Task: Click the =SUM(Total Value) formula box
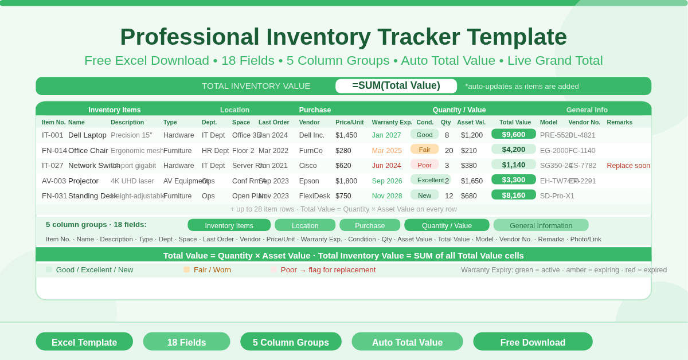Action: click(x=396, y=86)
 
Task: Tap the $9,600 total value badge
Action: click(x=513, y=134)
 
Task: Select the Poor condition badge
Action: click(x=424, y=165)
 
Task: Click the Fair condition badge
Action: click(x=424, y=150)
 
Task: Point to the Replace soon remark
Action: click(x=628, y=166)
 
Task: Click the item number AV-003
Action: click(x=54, y=181)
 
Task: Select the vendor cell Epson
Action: click(x=309, y=181)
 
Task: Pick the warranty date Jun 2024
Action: click(x=386, y=166)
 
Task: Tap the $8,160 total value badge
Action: click(x=513, y=195)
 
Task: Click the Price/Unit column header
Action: click(x=349, y=122)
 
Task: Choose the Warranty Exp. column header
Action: click(x=392, y=122)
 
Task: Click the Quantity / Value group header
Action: click(x=459, y=110)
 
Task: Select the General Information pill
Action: click(x=541, y=225)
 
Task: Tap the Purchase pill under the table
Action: click(x=370, y=225)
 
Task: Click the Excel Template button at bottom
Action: click(x=84, y=342)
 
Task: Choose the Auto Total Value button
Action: click(x=407, y=342)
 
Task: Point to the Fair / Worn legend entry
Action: click(x=212, y=270)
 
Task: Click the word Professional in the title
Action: click(x=189, y=37)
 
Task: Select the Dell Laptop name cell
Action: click(x=87, y=135)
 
